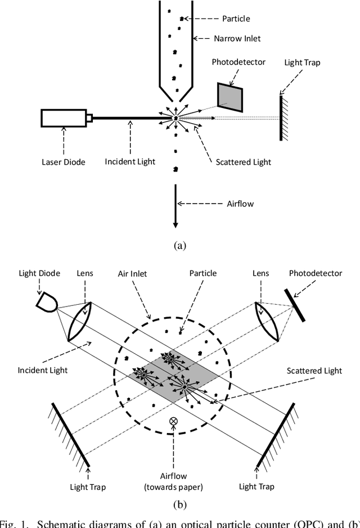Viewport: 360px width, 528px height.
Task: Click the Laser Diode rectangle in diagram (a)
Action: [x=62, y=118]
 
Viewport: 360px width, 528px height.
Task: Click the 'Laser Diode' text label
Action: [x=64, y=163]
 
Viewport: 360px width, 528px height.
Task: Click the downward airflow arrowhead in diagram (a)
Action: [x=175, y=224]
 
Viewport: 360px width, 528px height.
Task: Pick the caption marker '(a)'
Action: [x=180, y=245]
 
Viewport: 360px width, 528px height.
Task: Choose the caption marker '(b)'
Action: [x=180, y=504]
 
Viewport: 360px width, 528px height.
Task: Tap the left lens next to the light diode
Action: [x=80, y=321]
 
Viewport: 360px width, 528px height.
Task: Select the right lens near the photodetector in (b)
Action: [x=268, y=321]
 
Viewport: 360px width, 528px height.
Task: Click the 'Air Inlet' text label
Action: [x=133, y=274]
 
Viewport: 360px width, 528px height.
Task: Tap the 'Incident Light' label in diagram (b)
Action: [x=43, y=370]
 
